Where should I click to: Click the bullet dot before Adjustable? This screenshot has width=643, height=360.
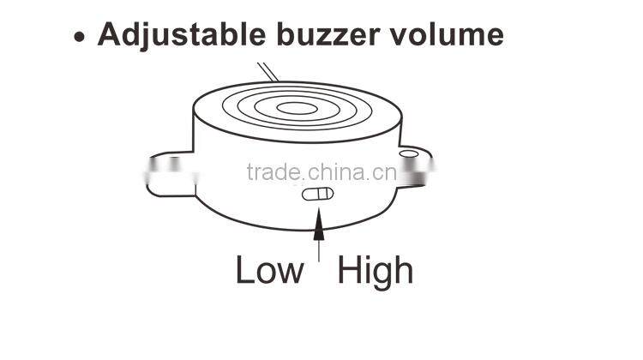80,38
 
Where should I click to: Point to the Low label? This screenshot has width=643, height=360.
270,270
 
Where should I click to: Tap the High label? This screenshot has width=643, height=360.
375,271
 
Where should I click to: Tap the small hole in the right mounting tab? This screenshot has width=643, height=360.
409,154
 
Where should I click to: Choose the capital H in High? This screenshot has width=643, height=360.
348,270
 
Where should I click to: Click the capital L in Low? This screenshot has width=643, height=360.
245,270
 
